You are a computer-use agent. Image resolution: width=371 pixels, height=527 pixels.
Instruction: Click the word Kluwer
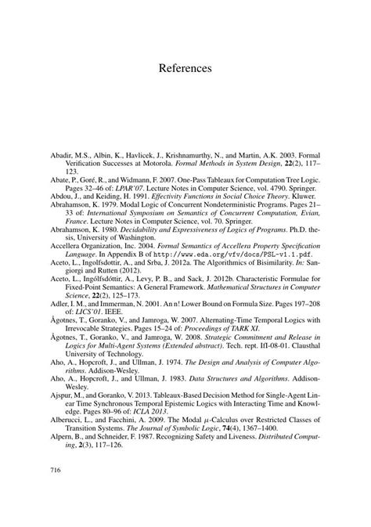pos(276,186)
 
